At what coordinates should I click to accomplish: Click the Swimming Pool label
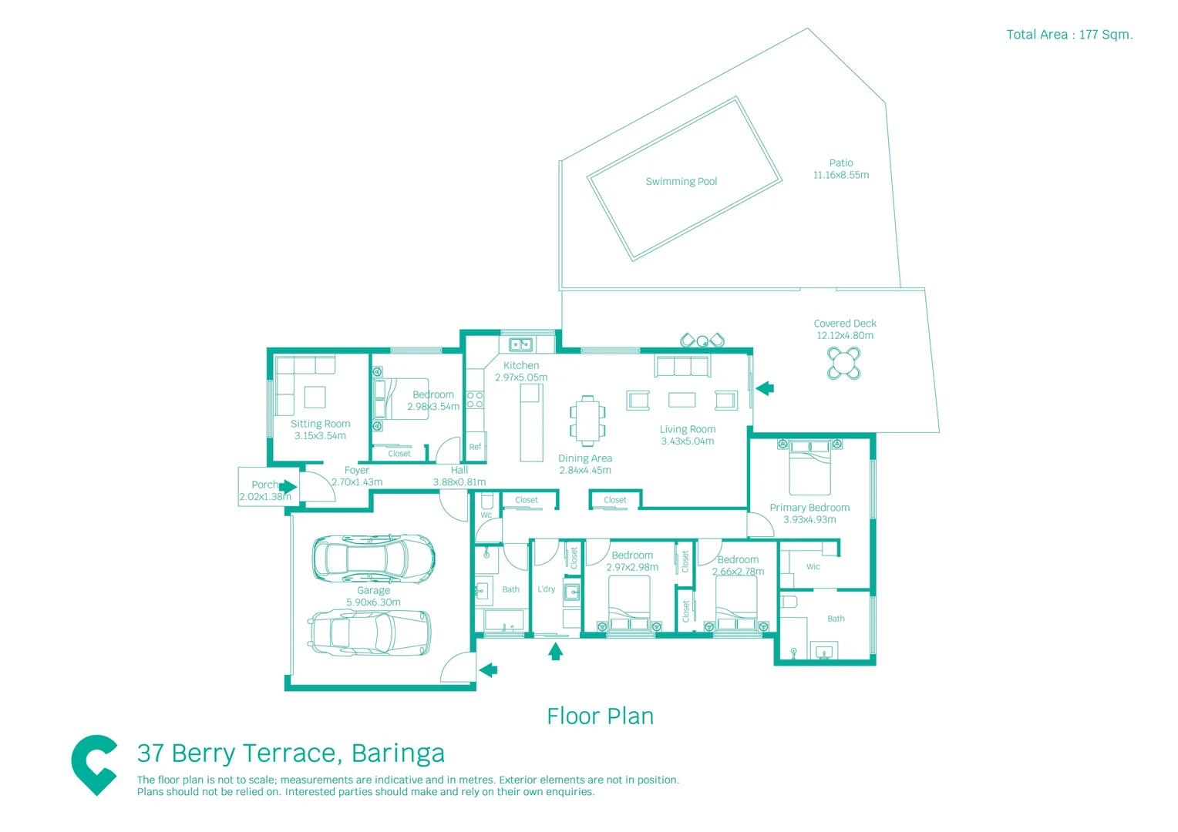[681, 182]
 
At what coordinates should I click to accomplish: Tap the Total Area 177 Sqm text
[1069, 35]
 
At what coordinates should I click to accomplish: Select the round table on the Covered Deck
[843, 363]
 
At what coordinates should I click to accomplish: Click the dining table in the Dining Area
[587, 421]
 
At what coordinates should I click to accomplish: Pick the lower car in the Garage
[370, 632]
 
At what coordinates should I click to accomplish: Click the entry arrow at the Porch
[288, 487]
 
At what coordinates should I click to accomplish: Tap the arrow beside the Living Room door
[765, 388]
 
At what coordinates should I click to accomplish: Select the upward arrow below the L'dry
[555, 652]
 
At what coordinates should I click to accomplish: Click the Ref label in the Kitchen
[475, 447]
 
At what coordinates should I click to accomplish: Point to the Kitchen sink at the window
[521, 344]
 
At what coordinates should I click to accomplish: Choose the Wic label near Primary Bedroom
[813, 567]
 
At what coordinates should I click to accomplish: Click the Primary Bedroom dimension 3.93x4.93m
[809, 520]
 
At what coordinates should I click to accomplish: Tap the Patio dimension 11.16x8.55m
[840, 175]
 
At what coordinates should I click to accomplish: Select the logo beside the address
[94, 763]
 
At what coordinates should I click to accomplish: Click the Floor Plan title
[600, 716]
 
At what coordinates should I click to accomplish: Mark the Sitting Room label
[320, 424]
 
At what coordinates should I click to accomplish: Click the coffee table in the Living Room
[682, 399]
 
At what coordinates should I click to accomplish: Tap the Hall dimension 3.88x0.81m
[459, 482]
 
